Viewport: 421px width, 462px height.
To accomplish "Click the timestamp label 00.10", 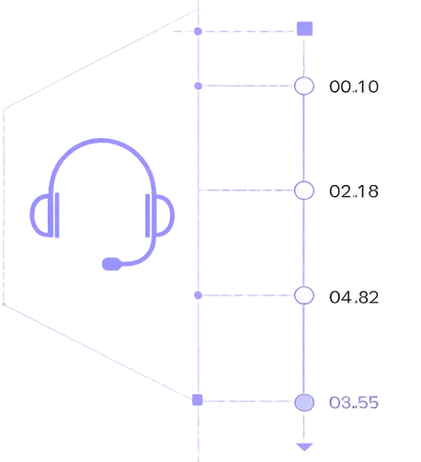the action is [x=354, y=87].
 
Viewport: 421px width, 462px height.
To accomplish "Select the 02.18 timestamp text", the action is [x=354, y=191].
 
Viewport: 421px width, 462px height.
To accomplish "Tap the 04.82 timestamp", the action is [x=354, y=297].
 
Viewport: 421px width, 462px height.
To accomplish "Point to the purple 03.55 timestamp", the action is [x=354, y=402].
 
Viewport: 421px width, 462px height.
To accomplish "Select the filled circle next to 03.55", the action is [x=304, y=402].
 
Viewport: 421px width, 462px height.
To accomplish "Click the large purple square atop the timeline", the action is [x=304, y=29].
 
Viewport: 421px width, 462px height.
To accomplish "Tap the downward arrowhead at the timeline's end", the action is [x=304, y=446].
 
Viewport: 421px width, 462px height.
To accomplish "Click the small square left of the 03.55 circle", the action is [x=198, y=400].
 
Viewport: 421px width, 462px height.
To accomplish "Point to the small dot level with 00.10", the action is [x=199, y=86].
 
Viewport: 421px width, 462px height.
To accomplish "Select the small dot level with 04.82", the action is [x=199, y=295].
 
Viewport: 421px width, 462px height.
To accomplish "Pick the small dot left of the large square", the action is [x=199, y=31].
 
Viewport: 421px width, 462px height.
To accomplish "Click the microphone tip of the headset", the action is [x=111, y=264].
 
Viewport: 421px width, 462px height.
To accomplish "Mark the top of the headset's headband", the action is [x=102, y=141].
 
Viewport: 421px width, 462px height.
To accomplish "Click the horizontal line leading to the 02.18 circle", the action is [x=246, y=191].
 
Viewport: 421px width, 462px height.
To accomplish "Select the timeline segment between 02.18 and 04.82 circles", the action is [x=303, y=243].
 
